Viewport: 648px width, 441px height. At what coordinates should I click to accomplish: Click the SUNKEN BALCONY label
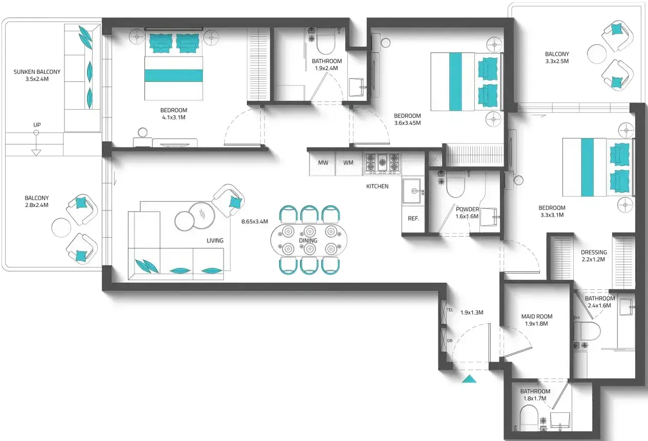click(37, 72)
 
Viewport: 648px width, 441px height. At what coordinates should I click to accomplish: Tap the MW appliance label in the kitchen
click(323, 162)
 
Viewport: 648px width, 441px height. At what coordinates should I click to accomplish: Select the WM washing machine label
click(348, 162)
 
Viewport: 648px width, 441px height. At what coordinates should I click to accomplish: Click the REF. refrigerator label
click(413, 219)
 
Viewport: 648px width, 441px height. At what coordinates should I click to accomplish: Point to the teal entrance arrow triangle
click(469, 379)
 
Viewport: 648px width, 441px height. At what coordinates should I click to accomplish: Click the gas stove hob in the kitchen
click(382, 164)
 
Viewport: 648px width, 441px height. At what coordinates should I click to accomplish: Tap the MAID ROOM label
click(537, 317)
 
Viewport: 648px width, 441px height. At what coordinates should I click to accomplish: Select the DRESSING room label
click(594, 252)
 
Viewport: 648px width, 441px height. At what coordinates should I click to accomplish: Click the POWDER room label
click(468, 209)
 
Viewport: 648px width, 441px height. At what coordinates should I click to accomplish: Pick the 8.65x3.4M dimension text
click(255, 221)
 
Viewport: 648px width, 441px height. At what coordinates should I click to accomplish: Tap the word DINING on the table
click(308, 240)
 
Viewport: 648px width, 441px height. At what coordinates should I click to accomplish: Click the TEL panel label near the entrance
click(450, 310)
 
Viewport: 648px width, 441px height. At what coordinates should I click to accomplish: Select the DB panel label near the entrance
click(450, 341)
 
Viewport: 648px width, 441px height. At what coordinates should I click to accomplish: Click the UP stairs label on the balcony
click(37, 125)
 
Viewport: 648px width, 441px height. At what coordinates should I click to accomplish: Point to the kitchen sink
click(413, 191)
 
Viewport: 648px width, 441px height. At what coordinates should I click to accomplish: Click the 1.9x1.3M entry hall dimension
click(472, 312)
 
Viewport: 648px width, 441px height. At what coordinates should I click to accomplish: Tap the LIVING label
click(215, 240)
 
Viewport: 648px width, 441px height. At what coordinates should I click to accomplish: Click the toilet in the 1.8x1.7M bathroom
click(529, 418)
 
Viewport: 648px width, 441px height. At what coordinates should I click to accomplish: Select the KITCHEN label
click(377, 186)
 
